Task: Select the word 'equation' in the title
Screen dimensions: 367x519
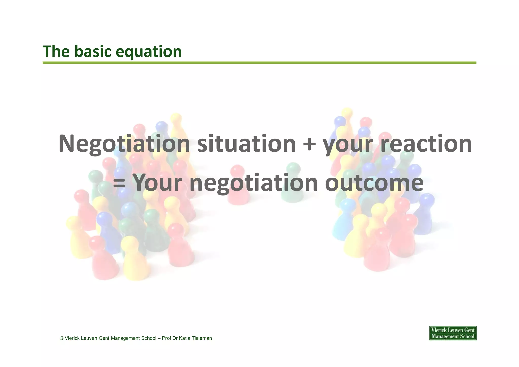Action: (149, 52)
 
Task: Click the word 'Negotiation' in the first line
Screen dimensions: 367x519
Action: (124, 144)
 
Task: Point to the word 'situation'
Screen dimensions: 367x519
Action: (246, 144)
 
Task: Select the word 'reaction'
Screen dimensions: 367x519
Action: (426, 144)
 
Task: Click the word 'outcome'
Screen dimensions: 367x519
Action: (374, 183)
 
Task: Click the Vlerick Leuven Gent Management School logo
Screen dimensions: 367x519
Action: (453, 333)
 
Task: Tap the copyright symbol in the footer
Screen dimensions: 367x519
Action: (62, 338)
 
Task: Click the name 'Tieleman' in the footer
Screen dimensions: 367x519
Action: (202, 338)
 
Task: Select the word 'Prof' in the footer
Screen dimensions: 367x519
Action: (166, 338)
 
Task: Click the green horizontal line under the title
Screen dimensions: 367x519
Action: (259, 63)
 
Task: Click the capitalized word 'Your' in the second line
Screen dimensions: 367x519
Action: (157, 183)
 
